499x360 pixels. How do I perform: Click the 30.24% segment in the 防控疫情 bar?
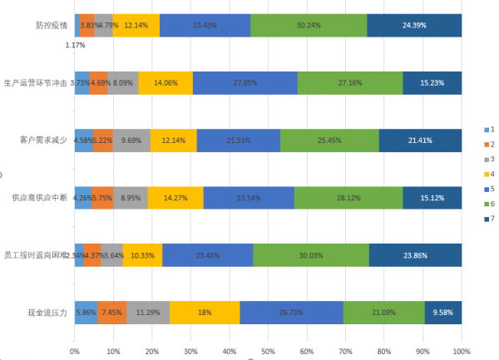[309, 26]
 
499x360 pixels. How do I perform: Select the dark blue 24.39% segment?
[414, 26]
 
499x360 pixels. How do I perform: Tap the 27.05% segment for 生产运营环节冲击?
[245, 83]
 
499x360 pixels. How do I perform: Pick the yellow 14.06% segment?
[166, 83]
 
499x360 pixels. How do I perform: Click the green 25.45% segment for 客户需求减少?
[329, 141]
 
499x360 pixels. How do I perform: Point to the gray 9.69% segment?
[131, 141]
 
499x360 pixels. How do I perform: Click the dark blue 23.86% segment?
[415, 255]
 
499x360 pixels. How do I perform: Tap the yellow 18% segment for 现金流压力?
[205, 313]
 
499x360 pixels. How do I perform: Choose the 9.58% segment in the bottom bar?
[442, 313]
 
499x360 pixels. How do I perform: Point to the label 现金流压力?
[48, 313]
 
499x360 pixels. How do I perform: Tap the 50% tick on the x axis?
[268, 351]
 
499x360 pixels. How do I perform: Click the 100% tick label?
[461, 351]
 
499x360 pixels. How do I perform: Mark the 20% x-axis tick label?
[152, 351]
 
